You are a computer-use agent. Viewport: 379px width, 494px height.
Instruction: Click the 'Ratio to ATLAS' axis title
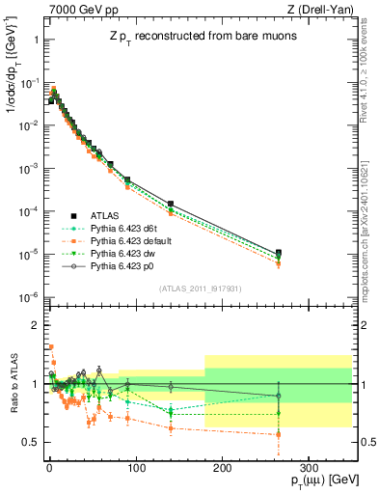[11, 386]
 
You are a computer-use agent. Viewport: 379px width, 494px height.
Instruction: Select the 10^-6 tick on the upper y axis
[28, 296]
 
